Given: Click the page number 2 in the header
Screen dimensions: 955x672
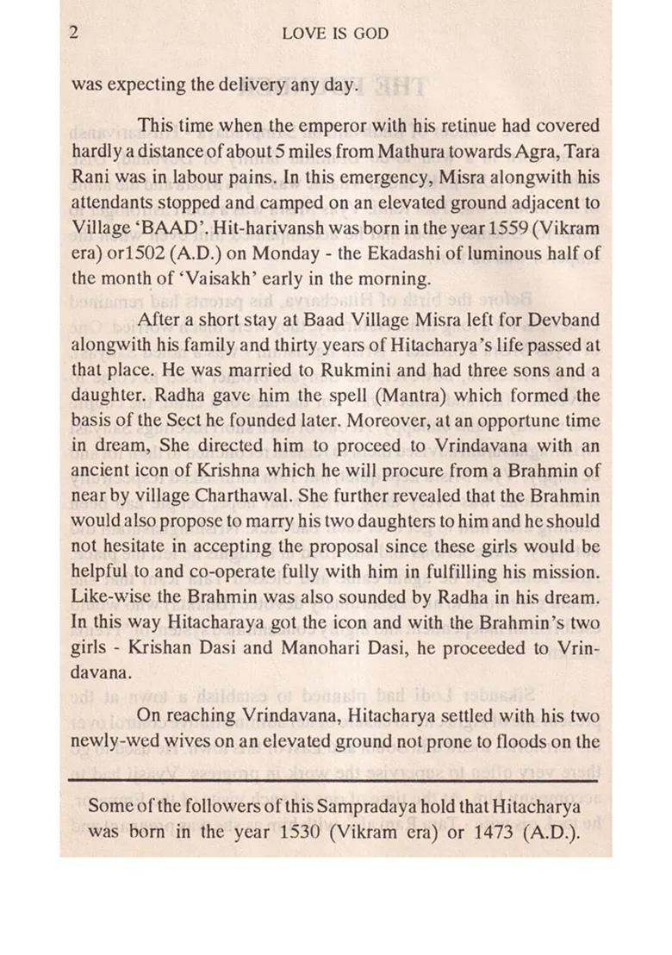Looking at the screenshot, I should [75, 34].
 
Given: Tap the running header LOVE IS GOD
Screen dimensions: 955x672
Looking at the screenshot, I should [335, 34].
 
